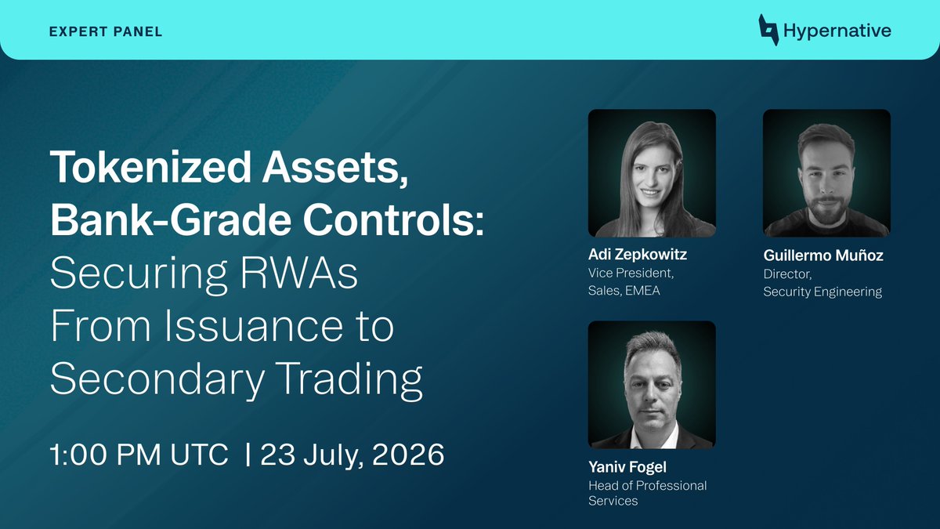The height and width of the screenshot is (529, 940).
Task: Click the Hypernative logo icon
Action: pos(768,30)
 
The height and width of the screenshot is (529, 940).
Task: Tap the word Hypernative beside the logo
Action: pos(837,31)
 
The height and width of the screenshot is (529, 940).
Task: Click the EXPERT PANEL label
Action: pos(105,31)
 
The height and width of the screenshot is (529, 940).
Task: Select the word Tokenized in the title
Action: pos(150,167)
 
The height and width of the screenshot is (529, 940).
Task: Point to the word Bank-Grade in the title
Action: pos(171,220)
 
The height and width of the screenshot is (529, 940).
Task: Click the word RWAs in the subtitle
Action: pos(299,273)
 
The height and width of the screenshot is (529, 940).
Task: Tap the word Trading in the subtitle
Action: pos(349,379)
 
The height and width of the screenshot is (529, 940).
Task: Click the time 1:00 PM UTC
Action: pos(139,455)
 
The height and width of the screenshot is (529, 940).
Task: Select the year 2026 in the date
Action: pos(408,455)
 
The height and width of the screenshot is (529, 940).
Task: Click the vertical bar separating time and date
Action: pos(248,455)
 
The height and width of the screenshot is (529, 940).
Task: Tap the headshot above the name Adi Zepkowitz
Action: pos(652,173)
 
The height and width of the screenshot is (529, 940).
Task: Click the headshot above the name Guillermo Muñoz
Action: pos(826,173)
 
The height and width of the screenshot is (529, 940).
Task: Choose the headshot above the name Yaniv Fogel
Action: pos(652,385)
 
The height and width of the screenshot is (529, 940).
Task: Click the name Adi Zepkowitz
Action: pos(638,255)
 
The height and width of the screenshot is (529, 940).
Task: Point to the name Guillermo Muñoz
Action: pos(823,255)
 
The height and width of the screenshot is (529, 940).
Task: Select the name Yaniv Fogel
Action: pos(627,467)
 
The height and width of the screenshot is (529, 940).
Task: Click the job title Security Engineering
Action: pos(822,292)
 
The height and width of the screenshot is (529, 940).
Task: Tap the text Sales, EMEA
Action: pos(624,291)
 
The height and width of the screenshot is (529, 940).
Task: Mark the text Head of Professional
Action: pos(648,486)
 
